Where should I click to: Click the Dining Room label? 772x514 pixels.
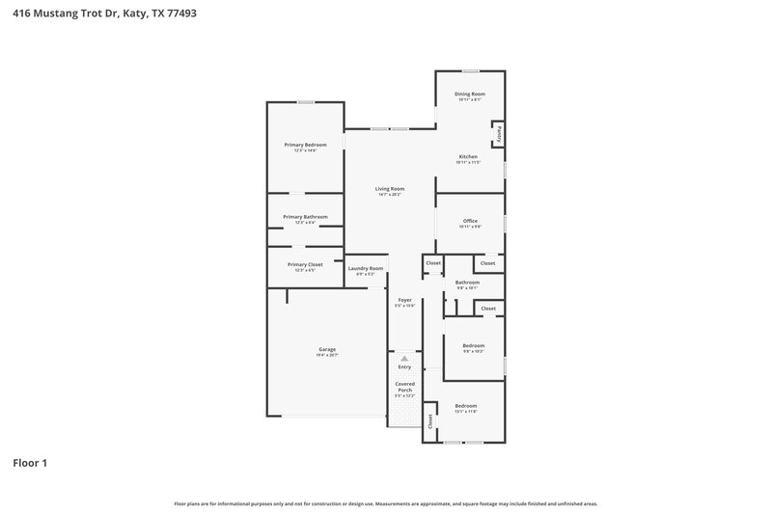click(x=469, y=94)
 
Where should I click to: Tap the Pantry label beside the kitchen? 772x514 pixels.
click(x=499, y=134)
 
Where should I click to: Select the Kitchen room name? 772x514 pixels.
click(x=468, y=156)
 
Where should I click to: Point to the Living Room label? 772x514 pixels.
click(x=390, y=188)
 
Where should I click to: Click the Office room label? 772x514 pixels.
click(x=470, y=221)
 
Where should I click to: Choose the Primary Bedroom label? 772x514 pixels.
click(x=305, y=145)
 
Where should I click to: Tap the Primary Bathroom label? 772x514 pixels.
click(x=305, y=217)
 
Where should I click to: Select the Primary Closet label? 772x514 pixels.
click(x=305, y=264)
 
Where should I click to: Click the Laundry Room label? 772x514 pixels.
click(x=366, y=268)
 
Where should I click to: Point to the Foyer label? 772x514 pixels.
click(x=405, y=300)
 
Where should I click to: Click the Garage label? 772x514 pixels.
click(x=327, y=349)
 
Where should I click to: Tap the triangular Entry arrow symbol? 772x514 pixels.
click(x=404, y=359)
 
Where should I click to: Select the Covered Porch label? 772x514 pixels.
click(x=404, y=387)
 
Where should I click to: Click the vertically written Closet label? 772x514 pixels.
click(x=429, y=420)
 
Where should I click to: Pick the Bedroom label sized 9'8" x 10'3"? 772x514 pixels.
click(x=473, y=345)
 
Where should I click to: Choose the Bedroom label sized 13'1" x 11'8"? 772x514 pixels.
click(x=466, y=406)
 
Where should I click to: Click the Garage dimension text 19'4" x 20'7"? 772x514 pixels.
click(x=327, y=356)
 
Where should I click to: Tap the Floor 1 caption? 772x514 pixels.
click(x=30, y=464)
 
